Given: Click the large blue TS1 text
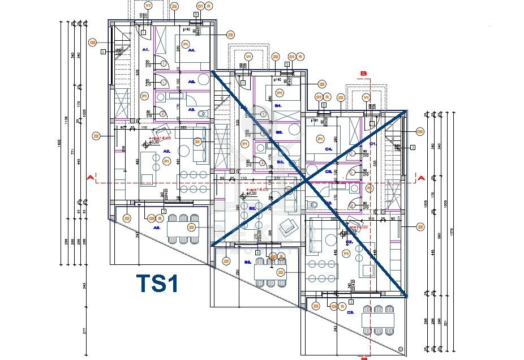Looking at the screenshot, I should click(x=158, y=283).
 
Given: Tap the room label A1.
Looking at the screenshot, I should click(x=145, y=50).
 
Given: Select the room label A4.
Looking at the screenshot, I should click(x=192, y=50).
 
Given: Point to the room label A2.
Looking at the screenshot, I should click(x=167, y=151).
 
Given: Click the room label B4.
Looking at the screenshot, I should click(x=278, y=106).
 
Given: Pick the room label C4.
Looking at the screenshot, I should click(x=328, y=149).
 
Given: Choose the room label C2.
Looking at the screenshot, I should click(x=349, y=242).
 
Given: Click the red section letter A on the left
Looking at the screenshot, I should click(x=89, y=178).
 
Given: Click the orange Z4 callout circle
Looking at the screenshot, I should click(x=197, y=141).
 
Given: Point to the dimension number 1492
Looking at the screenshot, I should click(x=60, y=144).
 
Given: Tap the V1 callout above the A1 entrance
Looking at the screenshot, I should click(x=148, y=5).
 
